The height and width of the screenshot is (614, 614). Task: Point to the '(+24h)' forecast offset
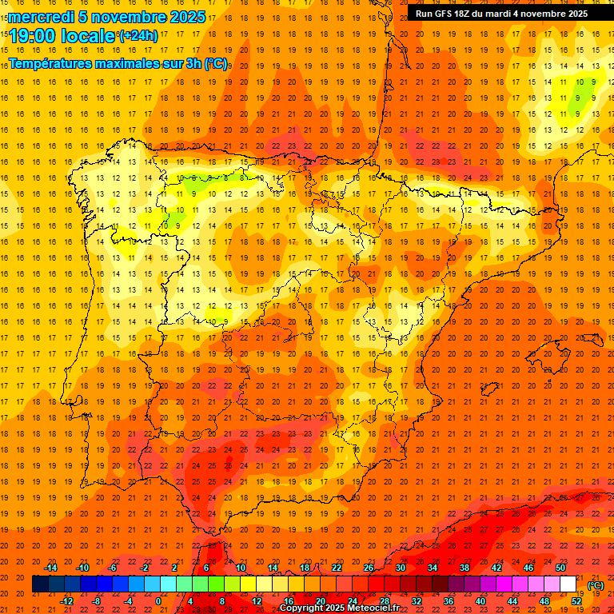[x=138, y=35]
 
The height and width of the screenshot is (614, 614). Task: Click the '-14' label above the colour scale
[x=51, y=568]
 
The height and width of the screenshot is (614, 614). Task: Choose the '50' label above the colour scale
[x=560, y=568]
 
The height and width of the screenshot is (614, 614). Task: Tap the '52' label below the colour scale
[x=576, y=601]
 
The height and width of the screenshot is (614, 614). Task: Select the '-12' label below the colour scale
[x=66, y=601]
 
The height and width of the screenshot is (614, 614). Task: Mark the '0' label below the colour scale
[x=158, y=601]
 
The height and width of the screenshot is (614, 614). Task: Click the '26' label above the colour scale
[x=369, y=568]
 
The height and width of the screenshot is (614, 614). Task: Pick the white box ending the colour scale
[x=568, y=584]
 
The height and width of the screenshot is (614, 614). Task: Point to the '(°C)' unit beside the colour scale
[x=596, y=585]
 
